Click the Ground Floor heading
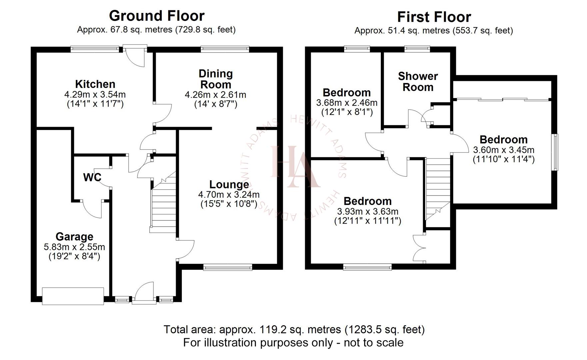(157, 16)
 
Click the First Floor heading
(434, 17)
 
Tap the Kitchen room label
(95, 84)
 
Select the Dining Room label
(216, 79)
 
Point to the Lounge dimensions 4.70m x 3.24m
(229, 194)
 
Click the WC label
(92, 177)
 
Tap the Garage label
(74, 237)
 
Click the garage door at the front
(73, 296)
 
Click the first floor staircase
(437, 187)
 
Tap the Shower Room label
(418, 82)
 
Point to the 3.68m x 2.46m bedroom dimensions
(346, 103)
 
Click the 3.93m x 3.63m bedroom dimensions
(367, 211)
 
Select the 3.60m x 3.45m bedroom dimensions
(503, 150)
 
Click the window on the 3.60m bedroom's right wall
(555, 152)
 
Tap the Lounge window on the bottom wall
(228, 267)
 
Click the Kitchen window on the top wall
(95, 49)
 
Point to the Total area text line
(294, 330)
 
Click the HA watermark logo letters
(293, 167)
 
